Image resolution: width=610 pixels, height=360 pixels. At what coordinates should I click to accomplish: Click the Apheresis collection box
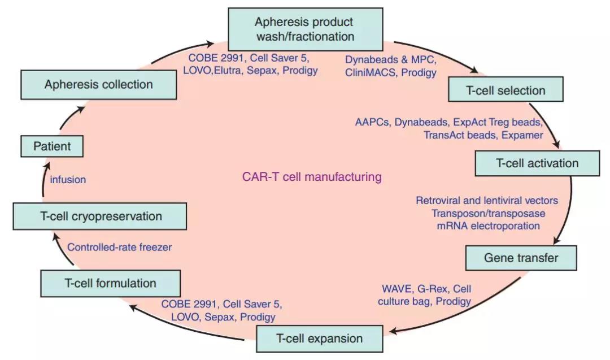tap(99, 85)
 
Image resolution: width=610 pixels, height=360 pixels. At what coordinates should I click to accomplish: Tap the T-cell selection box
tap(506, 90)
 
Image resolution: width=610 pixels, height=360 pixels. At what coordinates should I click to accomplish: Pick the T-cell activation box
tap(537, 163)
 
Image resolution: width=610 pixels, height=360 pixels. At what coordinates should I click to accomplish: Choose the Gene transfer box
tap(521, 258)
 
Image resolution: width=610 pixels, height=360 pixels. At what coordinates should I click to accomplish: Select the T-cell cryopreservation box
tap(99, 216)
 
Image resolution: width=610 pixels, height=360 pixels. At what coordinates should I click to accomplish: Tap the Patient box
tap(52, 146)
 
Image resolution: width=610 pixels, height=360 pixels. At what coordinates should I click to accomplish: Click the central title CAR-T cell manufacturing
tap(311, 177)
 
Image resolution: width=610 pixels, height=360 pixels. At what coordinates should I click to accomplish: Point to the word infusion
tap(68, 180)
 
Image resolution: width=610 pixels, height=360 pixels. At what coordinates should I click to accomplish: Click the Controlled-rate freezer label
tap(119, 247)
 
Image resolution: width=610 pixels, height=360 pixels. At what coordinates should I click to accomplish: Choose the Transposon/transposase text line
tap(489, 213)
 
